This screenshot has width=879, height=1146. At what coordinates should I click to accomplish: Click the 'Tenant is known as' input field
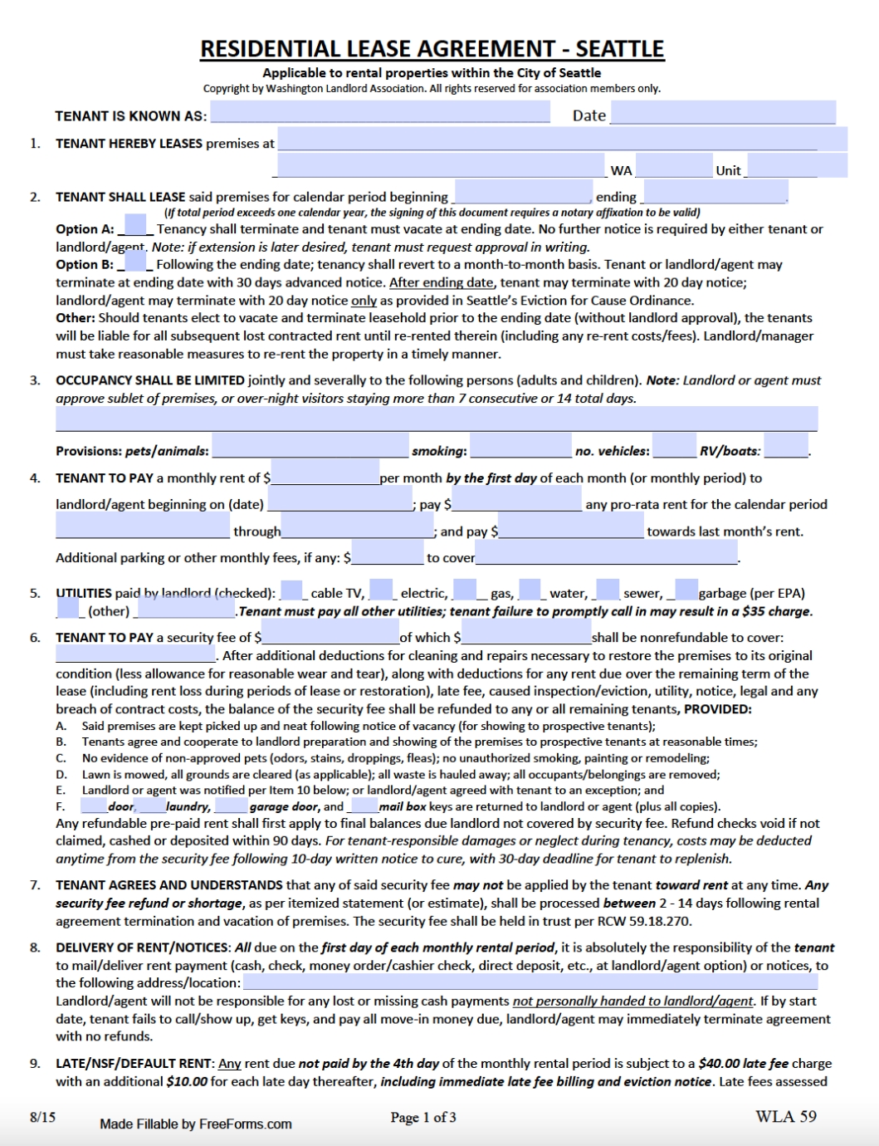coord(379,112)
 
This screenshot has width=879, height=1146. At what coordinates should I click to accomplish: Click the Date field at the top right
coord(723,112)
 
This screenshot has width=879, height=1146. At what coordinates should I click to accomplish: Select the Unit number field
coord(796,165)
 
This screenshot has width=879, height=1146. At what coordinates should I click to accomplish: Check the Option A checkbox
coord(134,225)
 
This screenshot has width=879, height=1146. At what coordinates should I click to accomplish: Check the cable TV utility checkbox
coord(292,590)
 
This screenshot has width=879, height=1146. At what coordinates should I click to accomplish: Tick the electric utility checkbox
coord(381,590)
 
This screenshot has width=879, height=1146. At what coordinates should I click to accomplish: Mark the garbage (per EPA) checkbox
coord(686,590)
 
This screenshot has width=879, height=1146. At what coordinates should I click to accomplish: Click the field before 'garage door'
coord(232,806)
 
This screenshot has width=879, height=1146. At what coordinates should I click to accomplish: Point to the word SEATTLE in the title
coord(620,49)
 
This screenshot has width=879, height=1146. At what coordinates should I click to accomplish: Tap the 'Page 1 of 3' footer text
coord(423,1118)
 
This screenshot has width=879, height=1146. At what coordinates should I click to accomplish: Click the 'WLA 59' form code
coord(785,1117)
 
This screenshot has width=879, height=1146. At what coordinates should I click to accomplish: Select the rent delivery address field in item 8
coord(530,982)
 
